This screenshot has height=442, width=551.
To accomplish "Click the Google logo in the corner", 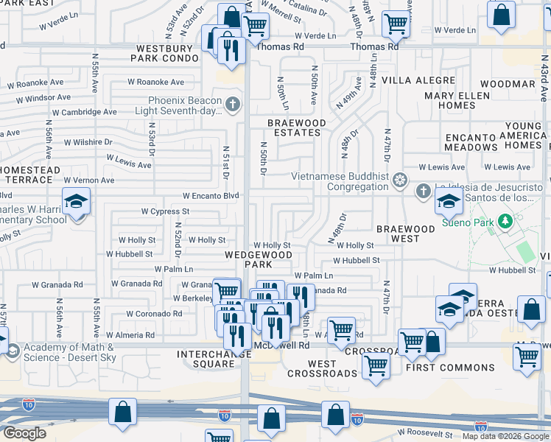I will pyautogui.click(x=24, y=433).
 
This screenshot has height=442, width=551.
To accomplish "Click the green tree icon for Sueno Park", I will pyautogui.click(x=505, y=220).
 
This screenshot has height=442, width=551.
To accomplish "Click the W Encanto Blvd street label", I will pyautogui.click(x=211, y=196).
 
